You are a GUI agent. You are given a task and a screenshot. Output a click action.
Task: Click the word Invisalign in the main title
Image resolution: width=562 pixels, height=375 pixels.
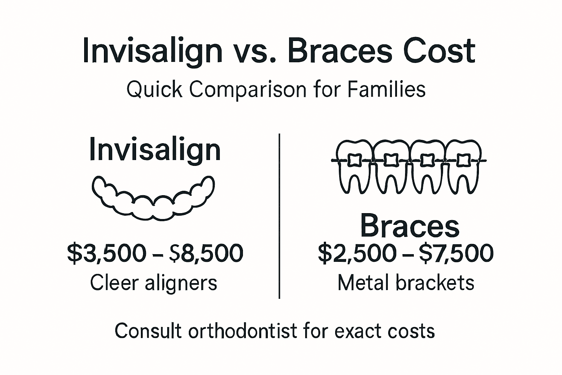tap(153, 51)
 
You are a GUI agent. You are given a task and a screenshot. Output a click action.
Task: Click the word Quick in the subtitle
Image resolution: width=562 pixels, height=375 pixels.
tap(154, 89)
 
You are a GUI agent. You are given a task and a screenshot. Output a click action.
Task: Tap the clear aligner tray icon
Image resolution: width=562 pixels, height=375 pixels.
tap(153, 198)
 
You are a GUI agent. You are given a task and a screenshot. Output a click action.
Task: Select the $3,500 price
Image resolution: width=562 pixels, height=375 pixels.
tap(106, 253)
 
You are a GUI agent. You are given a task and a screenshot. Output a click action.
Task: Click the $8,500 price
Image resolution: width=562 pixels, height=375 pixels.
tap(206, 253)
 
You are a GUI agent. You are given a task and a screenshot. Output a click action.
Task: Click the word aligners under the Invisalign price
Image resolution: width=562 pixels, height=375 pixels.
tap(181, 283)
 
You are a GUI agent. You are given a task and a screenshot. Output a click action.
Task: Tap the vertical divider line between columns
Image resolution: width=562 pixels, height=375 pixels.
tap(280, 216)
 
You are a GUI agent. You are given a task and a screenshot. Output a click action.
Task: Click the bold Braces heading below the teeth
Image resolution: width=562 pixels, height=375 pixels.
tap(410, 226)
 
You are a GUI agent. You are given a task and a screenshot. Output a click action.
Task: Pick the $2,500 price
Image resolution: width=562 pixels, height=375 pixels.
tap(357, 253)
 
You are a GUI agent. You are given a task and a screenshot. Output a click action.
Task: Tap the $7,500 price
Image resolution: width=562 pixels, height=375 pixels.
tap(456, 253)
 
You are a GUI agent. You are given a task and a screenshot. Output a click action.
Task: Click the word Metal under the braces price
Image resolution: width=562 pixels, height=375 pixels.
tap(364, 283)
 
